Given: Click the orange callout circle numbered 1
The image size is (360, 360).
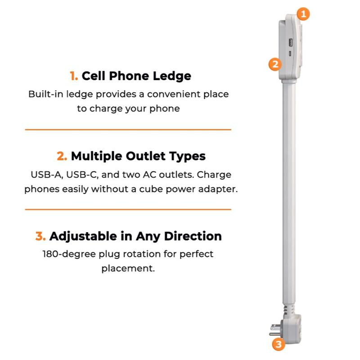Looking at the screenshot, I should [x=303, y=14].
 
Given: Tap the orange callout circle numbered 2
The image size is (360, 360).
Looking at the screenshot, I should [x=275, y=64].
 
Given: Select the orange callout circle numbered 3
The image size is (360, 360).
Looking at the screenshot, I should [x=279, y=345].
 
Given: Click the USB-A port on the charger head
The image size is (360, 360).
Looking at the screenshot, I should [x=290, y=43].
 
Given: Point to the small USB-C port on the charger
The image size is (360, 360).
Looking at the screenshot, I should [x=290, y=54].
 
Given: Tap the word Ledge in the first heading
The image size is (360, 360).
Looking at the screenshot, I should [x=172, y=76].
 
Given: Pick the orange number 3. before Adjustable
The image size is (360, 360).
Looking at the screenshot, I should [x=40, y=236].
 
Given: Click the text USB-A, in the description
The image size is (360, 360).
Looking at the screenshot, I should [x=46, y=175].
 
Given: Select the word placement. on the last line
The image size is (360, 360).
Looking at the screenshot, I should [x=128, y=269].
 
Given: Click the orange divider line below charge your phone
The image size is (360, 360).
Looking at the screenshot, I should [x=128, y=130].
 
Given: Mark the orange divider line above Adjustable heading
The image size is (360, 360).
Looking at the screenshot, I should [x=128, y=209].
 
